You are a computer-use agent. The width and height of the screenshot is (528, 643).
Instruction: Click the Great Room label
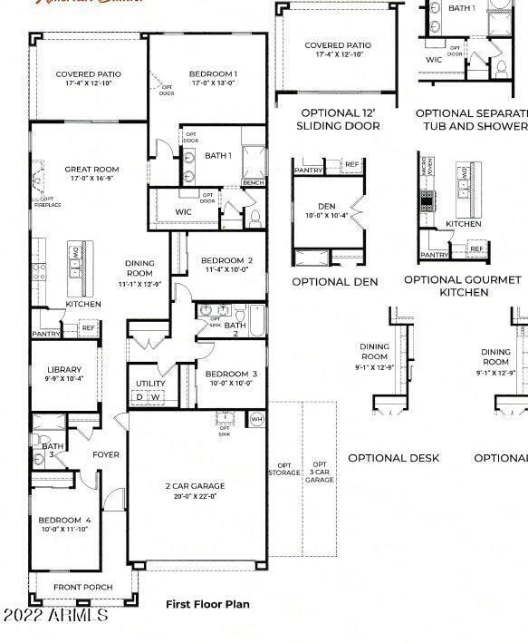pos(91,170)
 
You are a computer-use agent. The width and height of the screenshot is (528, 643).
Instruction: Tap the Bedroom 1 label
pos(213,74)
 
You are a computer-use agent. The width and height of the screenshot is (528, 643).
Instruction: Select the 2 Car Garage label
pos(195,486)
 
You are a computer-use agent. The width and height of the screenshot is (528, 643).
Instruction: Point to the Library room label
pos(64,370)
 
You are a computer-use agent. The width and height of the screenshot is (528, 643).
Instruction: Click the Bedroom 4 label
pos(64,521)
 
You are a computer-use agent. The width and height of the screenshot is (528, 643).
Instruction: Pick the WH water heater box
pos(256,419)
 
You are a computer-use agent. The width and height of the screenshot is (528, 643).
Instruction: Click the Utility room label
pos(150,384)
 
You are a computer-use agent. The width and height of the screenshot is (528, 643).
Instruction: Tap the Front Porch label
pos(83,588)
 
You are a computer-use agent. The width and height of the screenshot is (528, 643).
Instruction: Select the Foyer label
pos(106,455)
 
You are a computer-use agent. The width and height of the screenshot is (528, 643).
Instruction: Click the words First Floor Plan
pos(207,604)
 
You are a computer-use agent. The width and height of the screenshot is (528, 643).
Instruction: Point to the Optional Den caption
pos(334,282)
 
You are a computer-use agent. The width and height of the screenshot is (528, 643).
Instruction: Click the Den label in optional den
pos(326,207)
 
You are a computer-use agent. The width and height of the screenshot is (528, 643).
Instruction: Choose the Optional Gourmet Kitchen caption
pos(463,287)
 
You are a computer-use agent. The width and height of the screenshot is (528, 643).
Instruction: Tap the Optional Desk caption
pos(393,458)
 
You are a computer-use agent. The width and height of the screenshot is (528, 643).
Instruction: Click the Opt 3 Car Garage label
pos(319,472)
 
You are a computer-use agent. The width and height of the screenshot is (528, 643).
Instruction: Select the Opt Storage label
pos(283,469)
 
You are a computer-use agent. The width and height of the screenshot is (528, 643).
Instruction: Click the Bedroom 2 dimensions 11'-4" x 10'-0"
pos(226,269)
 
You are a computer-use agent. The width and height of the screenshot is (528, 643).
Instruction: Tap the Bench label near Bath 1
pos(253,183)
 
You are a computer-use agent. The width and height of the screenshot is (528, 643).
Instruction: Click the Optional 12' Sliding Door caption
pos(340,120)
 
